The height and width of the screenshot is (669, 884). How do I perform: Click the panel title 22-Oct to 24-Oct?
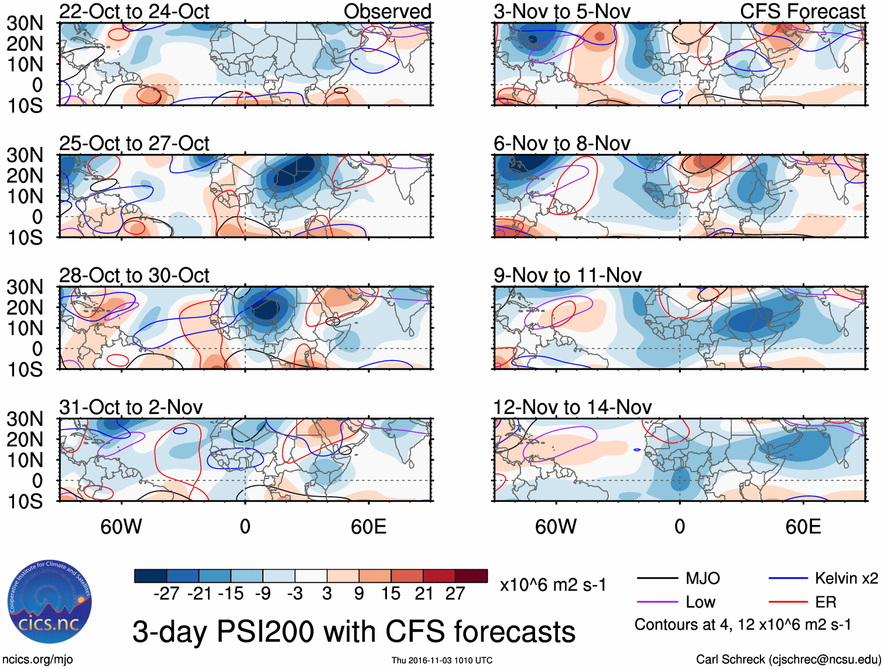click(134, 12)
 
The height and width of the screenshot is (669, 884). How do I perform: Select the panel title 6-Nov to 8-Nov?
click(561, 144)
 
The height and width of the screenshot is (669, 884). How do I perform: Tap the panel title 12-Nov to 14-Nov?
click(572, 407)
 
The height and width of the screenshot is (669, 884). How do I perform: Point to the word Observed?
click(387, 12)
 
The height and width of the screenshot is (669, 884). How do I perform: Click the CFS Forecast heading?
click(802, 12)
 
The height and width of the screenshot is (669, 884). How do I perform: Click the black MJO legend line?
click(657, 579)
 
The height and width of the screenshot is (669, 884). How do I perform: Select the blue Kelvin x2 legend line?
click(788, 579)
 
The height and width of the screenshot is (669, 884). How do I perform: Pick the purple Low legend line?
click(657, 602)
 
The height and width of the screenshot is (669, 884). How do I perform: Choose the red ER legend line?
click(788, 602)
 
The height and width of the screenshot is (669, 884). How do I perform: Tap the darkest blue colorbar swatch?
click(150, 576)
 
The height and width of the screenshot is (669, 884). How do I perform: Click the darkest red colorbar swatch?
click(471, 576)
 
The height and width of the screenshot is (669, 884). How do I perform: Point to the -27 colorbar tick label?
click(166, 594)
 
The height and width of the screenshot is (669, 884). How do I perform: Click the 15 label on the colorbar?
click(391, 594)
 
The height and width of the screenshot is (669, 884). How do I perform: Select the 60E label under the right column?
click(803, 527)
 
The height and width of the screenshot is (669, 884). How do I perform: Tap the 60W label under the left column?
click(121, 527)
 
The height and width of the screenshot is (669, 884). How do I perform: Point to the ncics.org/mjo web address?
click(37, 660)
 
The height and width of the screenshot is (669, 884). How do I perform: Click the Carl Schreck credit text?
click(787, 660)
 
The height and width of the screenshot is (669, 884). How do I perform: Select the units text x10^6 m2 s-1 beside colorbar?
click(553, 585)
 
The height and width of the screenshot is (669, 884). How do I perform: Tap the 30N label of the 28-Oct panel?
click(25, 287)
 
